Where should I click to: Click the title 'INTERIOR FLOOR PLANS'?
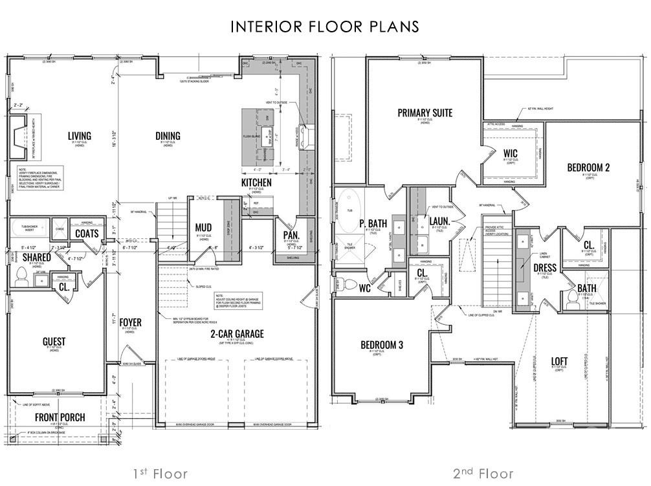(x=325, y=27)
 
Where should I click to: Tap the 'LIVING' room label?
(x=80, y=136)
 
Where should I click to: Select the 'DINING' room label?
(x=168, y=136)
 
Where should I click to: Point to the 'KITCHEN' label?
(x=256, y=183)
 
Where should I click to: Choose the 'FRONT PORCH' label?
(x=60, y=417)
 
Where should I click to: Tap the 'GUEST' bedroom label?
(x=54, y=341)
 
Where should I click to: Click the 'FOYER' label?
(x=130, y=322)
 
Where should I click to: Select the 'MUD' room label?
(x=203, y=227)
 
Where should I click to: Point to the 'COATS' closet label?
(x=86, y=234)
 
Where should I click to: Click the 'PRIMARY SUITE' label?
(x=425, y=113)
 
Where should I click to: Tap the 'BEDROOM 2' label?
(x=588, y=168)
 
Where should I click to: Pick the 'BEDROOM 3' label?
(x=382, y=346)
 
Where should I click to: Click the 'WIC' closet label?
(x=511, y=153)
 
